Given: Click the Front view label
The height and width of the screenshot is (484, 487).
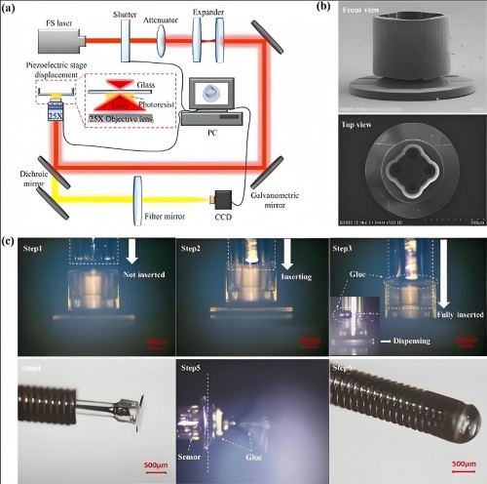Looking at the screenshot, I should (368, 19).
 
